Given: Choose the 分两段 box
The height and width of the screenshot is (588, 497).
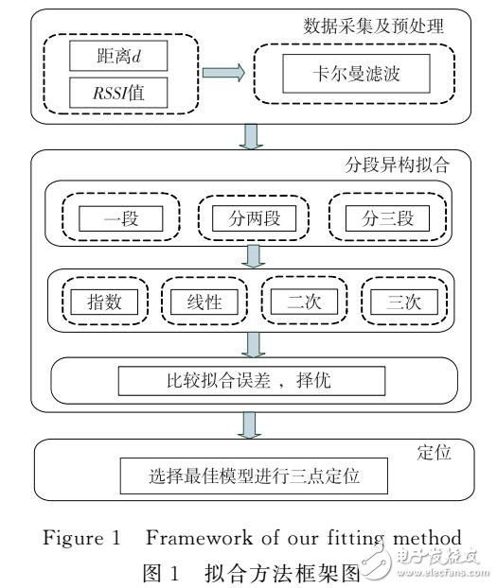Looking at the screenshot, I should pyautogui.click(x=246, y=220).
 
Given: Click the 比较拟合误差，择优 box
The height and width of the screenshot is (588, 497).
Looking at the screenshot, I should pyautogui.click(x=252, y=381).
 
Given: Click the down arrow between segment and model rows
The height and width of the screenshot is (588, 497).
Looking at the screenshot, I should pyautogui.click(x=253, y=258).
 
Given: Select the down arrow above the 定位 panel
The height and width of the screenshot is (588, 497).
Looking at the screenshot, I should pyautogui.click(x=253, y=425).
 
